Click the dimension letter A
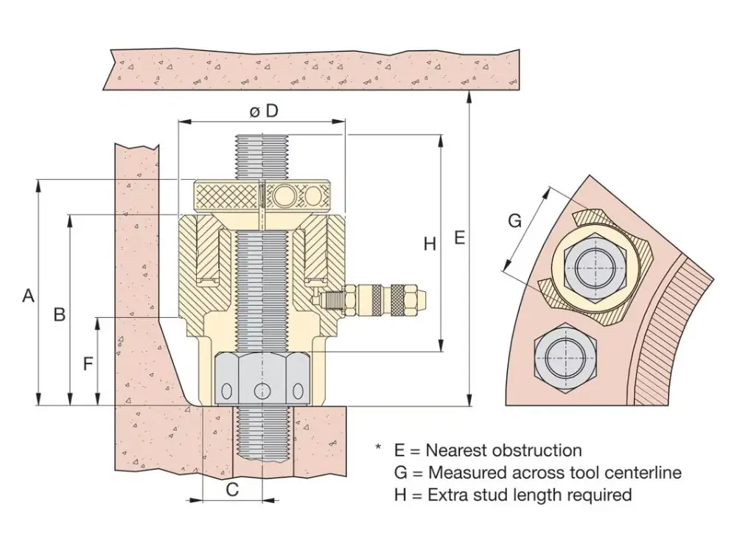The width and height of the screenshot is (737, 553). click(28, 296)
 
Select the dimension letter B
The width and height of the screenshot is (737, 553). click(60, 314)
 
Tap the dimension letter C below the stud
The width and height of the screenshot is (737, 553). click(232, 489)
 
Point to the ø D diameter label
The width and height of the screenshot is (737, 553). click(263, 111)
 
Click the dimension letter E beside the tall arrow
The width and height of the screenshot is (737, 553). click(459, 237)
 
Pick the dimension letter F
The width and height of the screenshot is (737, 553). click(88, 364)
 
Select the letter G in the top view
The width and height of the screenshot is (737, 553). click(515, 220)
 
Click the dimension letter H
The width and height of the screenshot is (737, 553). click(430, 244)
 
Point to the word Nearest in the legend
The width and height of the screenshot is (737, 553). click(457, 450)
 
